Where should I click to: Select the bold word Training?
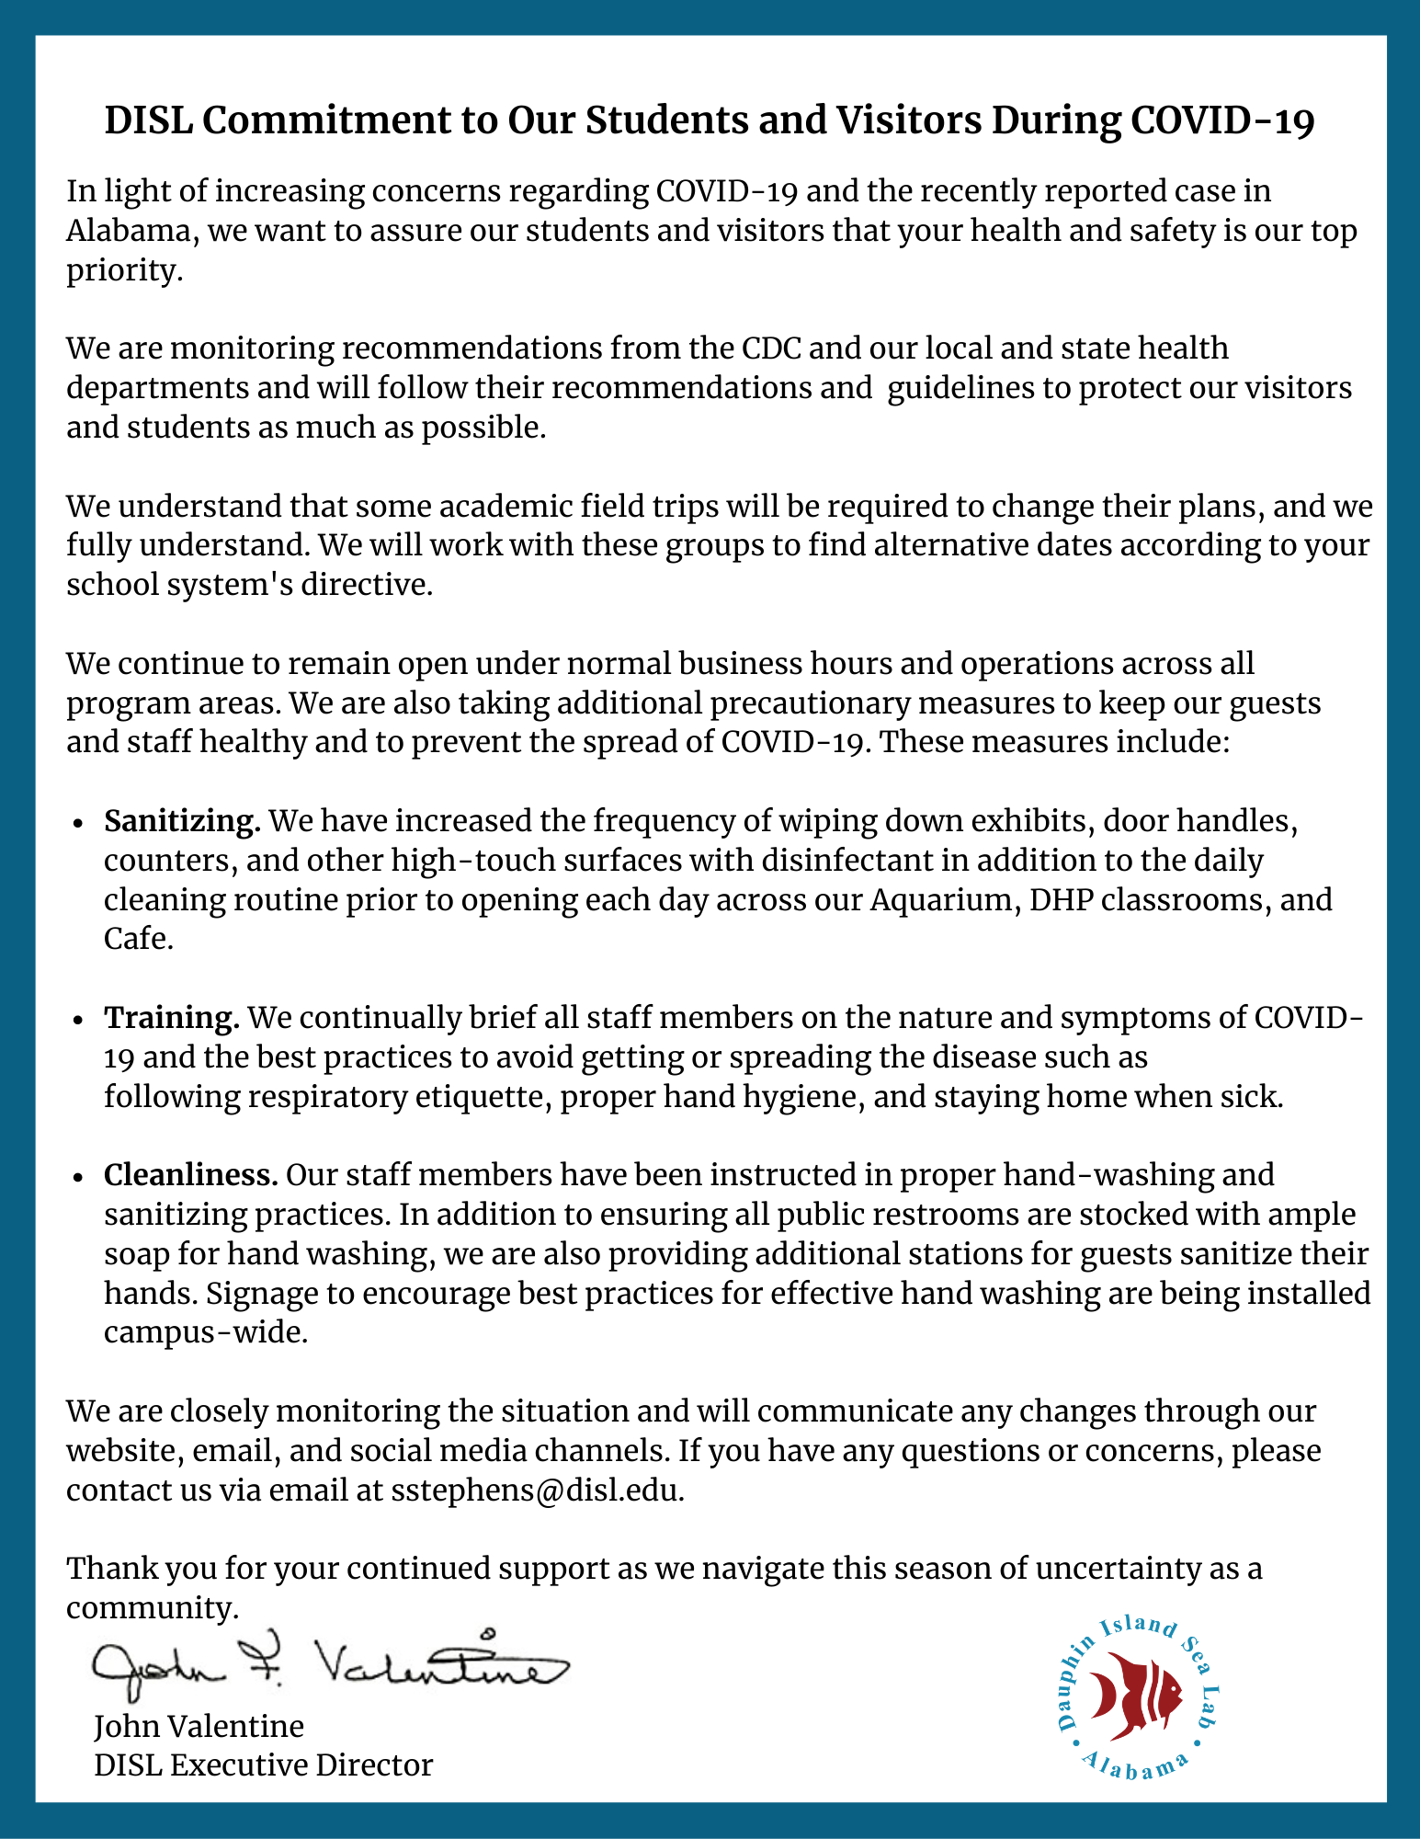pyautogui.click(x=172, y=1018)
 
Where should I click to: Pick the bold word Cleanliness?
pyautogui.click(x=190, y=1174)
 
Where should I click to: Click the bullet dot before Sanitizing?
pyautogui.click(x=80, y=822)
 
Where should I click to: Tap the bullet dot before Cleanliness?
pyautogui.click(x=80, y=1176)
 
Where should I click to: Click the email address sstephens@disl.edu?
pyautogui.click(x=537, y=1490)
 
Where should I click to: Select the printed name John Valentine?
pyautogui.click(x=199, y=1726)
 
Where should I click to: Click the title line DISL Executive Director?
pyautogui.click(x=263, y=1765)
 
